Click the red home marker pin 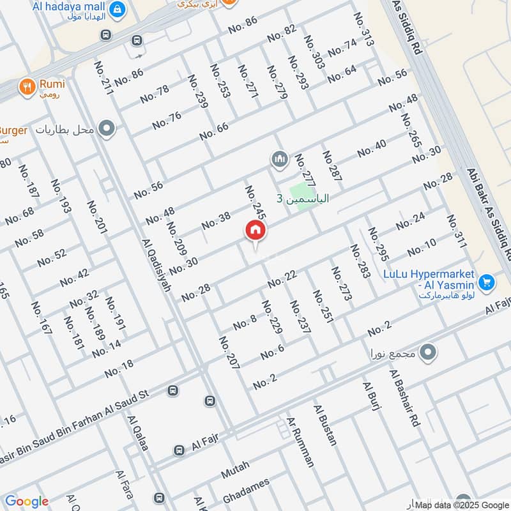pos(255,231)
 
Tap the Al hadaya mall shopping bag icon pos(117,10)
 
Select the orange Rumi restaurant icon pos(27,86)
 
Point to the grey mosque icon pos(279,158)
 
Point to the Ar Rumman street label pos(301,441)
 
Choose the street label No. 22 pos(283,278)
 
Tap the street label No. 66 pos(213,132)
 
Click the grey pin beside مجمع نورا pos(429,351)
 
